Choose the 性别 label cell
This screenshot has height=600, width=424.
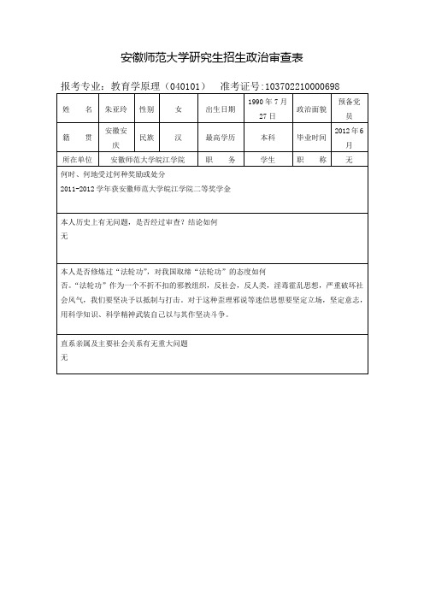coord(146,109)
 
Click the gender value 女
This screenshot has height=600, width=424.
coord(178,109)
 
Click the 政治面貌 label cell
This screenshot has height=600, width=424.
coord(309,109)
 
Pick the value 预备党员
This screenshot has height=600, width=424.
coord(349,109)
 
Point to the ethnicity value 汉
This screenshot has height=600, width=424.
coord(178,137)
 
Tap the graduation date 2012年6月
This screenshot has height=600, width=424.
coord(349,138)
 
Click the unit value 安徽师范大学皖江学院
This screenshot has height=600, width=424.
coord(148,160)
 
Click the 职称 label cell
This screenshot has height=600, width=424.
coord(309,160)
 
